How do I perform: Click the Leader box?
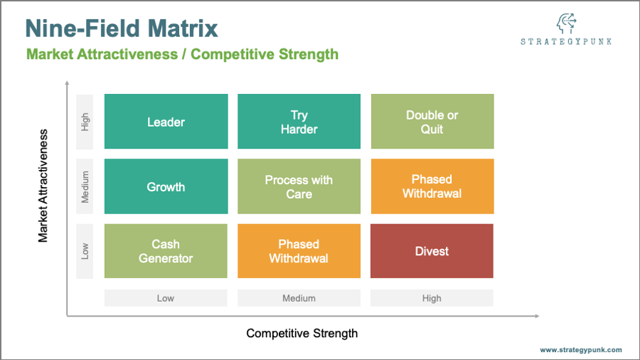pos(166,121)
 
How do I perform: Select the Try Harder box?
pos(299,121)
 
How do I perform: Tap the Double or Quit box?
pos(432,121)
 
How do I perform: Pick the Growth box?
pos(166,186)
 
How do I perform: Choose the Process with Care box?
pos(299,186)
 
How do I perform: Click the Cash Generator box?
pos(166,251)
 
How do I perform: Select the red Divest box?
pos(432,251)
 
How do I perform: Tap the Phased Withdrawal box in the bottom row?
pos(299,251)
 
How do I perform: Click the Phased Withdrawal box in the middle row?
pos(432,186)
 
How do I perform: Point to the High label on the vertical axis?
pos(85,122)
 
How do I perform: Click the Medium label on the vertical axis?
pos(85,186)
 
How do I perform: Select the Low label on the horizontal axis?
pos(166,298)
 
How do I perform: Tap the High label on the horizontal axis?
pos(432,298)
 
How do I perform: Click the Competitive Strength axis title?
pos(302,334)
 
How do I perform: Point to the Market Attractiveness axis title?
pos(43,186)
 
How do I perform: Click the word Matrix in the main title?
pos(183,28)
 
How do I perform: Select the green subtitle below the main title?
pos(183,54)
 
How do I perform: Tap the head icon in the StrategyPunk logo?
pos(567,23)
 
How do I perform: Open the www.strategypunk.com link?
pos(581,350)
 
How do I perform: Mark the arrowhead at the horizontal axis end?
pos(537,316)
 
